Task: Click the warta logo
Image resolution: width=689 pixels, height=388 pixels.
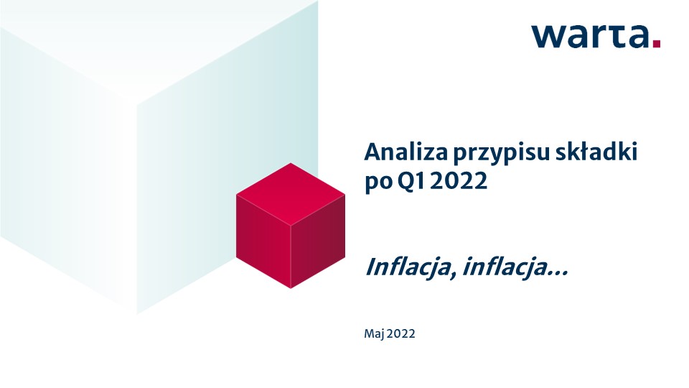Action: point(596,36)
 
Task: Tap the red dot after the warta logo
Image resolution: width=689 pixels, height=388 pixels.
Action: point(657,44)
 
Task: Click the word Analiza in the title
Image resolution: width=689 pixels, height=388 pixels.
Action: point(406,152)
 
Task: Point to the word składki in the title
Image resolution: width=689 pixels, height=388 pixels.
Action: point(596,152)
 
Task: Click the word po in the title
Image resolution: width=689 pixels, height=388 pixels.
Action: point(378,183)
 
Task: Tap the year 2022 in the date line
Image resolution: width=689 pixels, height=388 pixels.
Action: point(401,334)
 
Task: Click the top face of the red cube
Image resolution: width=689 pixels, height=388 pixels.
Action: point(291,194)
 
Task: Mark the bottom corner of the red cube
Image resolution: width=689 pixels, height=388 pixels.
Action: point(291,289)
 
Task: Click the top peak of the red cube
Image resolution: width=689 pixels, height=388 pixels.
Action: point(291,163)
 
